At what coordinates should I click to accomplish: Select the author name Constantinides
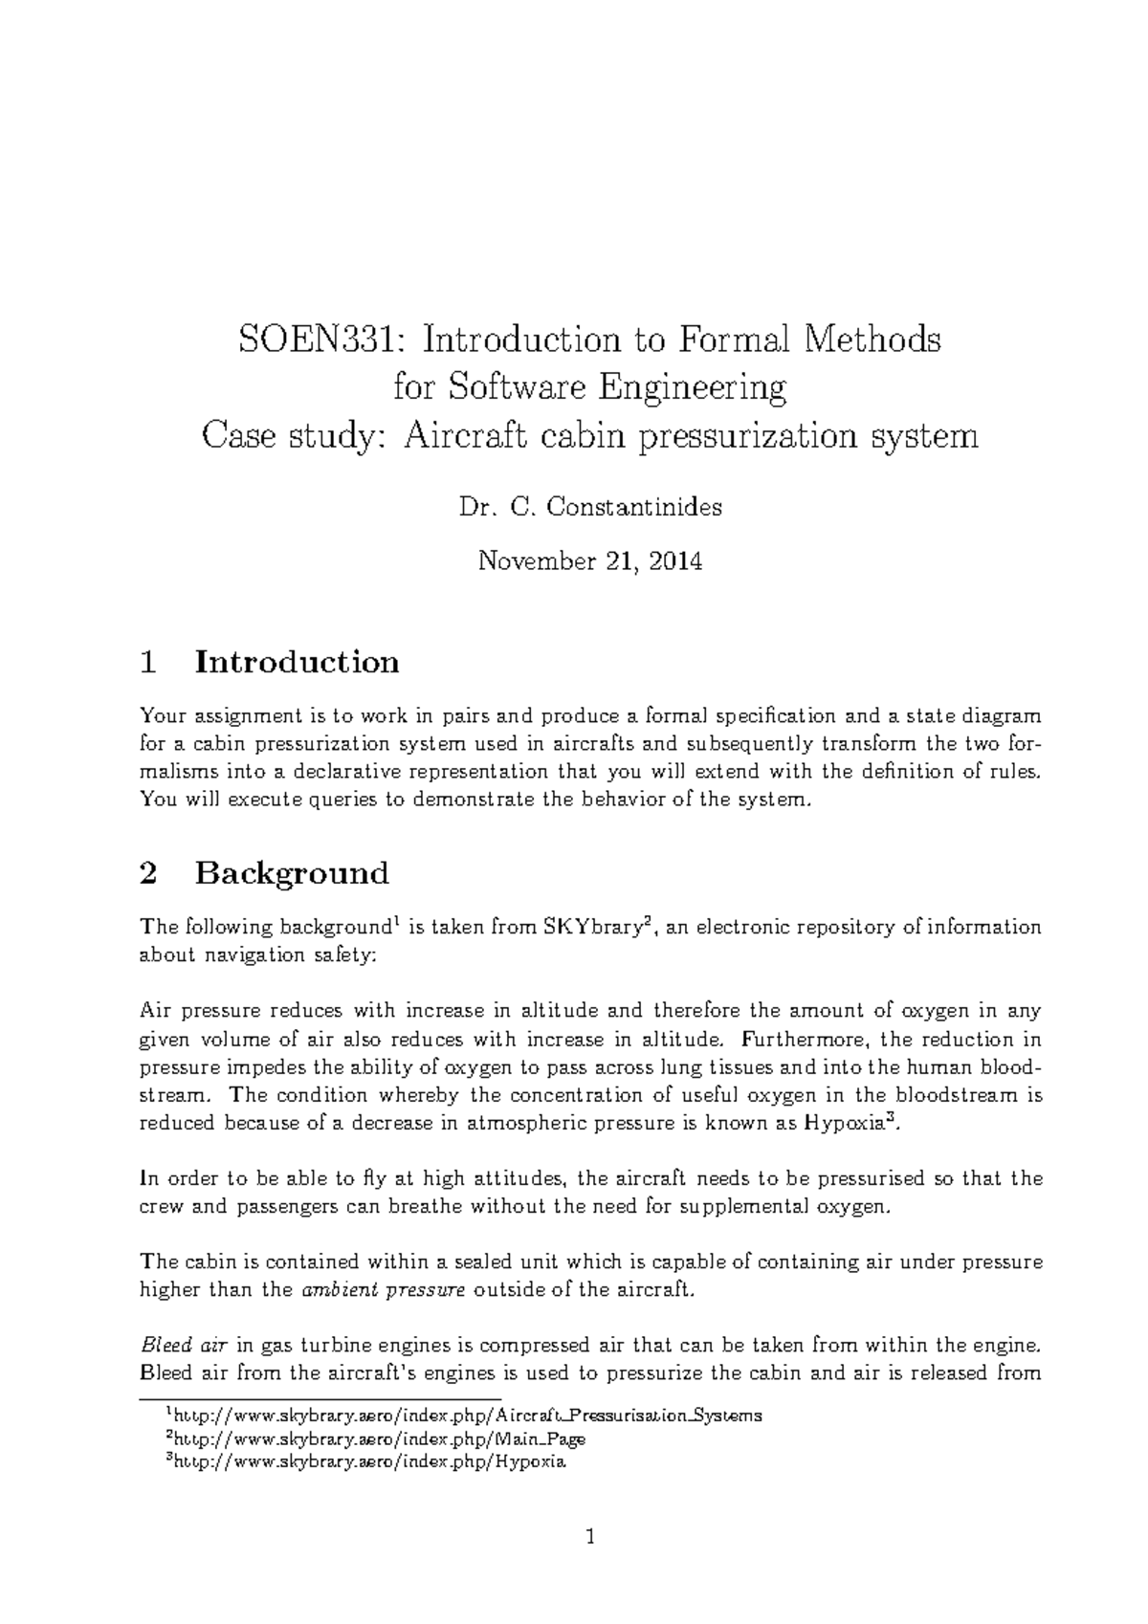pyautogui.click(x=633, y=508)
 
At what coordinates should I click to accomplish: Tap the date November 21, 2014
pyautogui.click(x=590, y=561)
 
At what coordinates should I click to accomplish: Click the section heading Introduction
pyautogui.click(x=297, y=662)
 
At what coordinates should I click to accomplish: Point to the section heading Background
pyautogui.click(x=292, y=873)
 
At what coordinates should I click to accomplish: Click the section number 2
pyautogui.click(x=147, y=873)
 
